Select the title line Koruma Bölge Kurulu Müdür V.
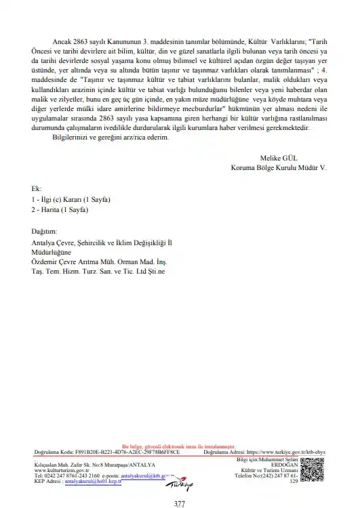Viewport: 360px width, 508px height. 278,167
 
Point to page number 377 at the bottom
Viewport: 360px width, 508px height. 179,502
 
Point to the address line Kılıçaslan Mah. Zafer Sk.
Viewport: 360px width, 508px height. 94,465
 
